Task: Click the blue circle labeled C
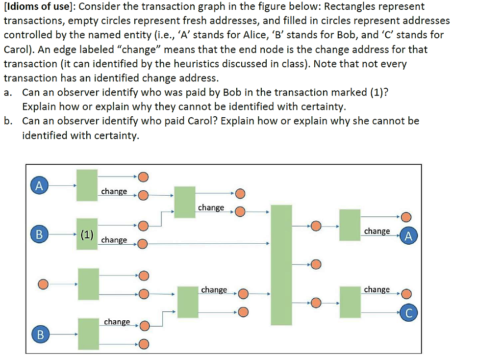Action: pos(409,312)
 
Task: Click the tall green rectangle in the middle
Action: pos(281,265)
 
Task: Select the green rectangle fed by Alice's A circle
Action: pos(87,185)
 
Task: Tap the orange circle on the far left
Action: pos(43,284)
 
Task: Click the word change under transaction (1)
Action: pos(114,240)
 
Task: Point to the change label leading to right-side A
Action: pos(377,231)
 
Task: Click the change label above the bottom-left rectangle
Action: pos(117,322)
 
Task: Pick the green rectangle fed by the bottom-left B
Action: pos(88,334)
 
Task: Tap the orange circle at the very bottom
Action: pos(144,344)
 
